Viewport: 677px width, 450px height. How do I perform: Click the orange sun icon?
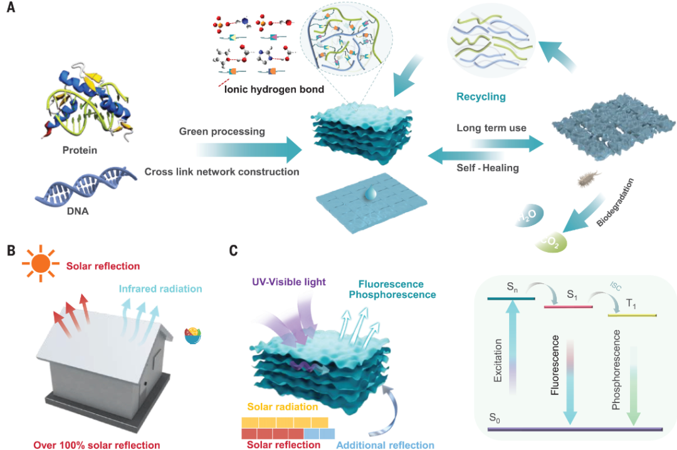pos(41,263)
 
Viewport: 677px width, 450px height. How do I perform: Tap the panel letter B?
pos(11,250)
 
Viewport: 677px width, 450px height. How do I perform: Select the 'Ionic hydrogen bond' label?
pos(274,89)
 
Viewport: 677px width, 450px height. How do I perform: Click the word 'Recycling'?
pos(481,96)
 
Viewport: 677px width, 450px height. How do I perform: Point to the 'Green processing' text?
pos(222,131)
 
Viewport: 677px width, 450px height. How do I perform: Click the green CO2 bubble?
pos(551,243)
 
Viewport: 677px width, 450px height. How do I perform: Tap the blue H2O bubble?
pos(528,215)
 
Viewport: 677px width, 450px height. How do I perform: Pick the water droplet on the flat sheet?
pos(370,193)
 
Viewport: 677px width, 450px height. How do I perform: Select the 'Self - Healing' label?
pos(488,168)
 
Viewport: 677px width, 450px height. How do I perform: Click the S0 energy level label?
pos(495,417)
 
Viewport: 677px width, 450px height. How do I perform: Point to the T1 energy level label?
pos(631,304)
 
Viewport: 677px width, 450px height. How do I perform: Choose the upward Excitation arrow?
pos(513,347)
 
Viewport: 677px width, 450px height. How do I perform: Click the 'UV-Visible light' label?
pos(289,282)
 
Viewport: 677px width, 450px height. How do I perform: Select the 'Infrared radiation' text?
pos(160,289)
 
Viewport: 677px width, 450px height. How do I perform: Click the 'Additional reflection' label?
pos(385,445)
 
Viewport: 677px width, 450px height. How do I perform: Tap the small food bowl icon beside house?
pos(193,335)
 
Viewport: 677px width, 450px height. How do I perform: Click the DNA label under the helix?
pos(78,211)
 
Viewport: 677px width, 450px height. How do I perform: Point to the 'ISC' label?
pos(616,286)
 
